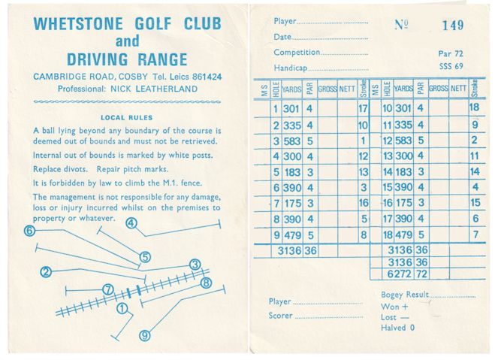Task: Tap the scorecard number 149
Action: pyautogui.click(x=452, y=26)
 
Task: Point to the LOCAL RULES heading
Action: pyautogui.click(x=126, y=117)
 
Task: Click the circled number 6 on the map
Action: pyautogui.click(x=29, y=231)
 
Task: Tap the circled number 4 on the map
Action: pyautogui.click(x=131, y=223)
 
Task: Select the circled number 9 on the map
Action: pyautogui.click(x=145, y=335)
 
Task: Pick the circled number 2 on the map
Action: pyautogui.click(x=47, y=272)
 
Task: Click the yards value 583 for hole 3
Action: pyautogui.click(x=292, y=141)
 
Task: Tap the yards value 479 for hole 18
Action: pyautogui.click(x=403, y=235)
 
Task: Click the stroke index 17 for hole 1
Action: pyautogui.click(x=363, y=107)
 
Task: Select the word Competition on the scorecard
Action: pyautogui.click(x=297, y=52)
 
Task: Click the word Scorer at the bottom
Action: pyautogui.click(x=280, y=316)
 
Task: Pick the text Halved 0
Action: pyautogui.click(x=398, y=328)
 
